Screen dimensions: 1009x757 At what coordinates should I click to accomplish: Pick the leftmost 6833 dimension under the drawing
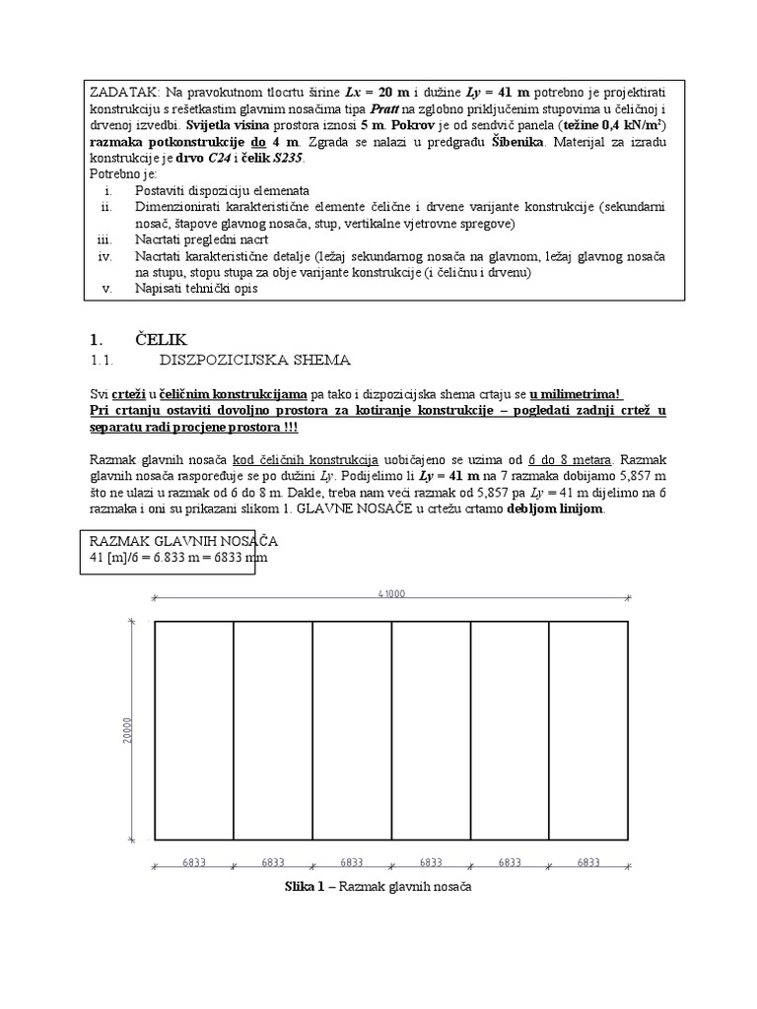[194, 862]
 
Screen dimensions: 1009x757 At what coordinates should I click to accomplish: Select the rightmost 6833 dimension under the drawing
[588, 862]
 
